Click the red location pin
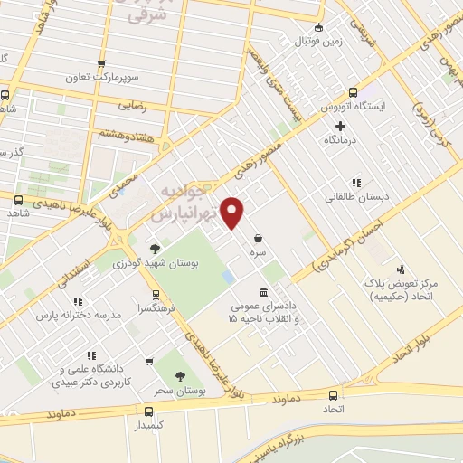pos(233,213)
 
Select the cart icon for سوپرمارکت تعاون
pos(100,64)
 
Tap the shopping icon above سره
pos(259,239)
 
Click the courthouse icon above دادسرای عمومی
pos(262,292)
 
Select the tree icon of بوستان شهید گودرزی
pos(155,246)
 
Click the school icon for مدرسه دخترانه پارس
pos(79,301)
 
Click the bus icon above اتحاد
pos(334,394)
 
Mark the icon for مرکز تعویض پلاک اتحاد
pos(402,269)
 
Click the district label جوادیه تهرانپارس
pos(194,205)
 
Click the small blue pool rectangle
pos(229,275)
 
